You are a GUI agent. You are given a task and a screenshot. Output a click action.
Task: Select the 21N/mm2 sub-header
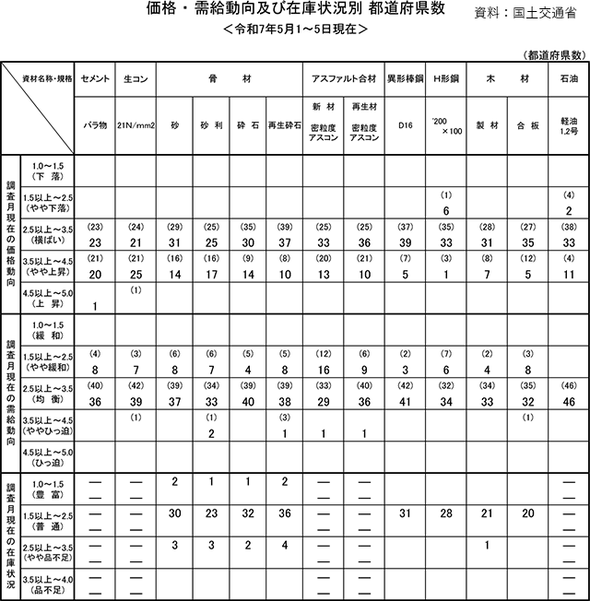pyautogui.click(x=135, y=124)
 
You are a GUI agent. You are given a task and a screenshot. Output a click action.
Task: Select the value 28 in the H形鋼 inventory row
pyautogui.click(x=446, y=514)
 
